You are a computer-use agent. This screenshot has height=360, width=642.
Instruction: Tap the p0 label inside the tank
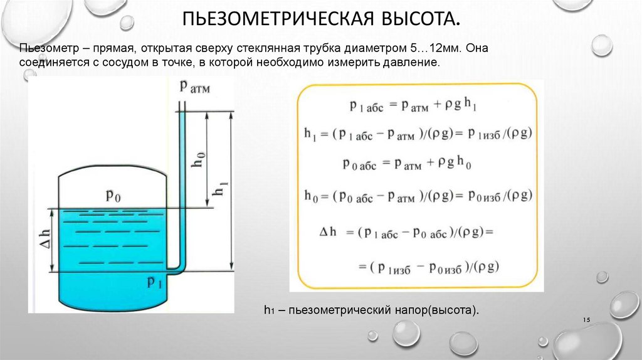point(113,195)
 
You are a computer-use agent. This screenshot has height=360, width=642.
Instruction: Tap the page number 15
point(587,320)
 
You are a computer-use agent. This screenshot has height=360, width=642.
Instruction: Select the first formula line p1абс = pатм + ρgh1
point(413,105)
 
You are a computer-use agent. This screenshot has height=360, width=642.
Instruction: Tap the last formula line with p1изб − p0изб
point(429,267)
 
